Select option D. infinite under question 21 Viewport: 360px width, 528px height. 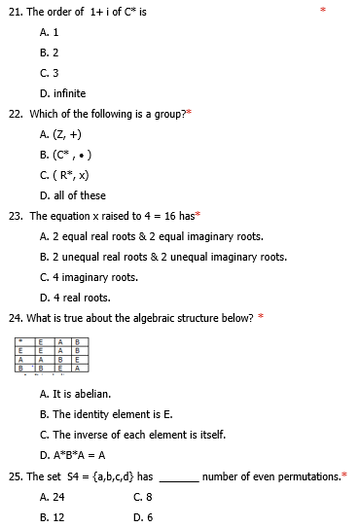[x=63, y=93]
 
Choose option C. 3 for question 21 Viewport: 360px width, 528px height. [x=50, y=73]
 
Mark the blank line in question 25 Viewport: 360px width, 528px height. [x=178, y=476]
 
